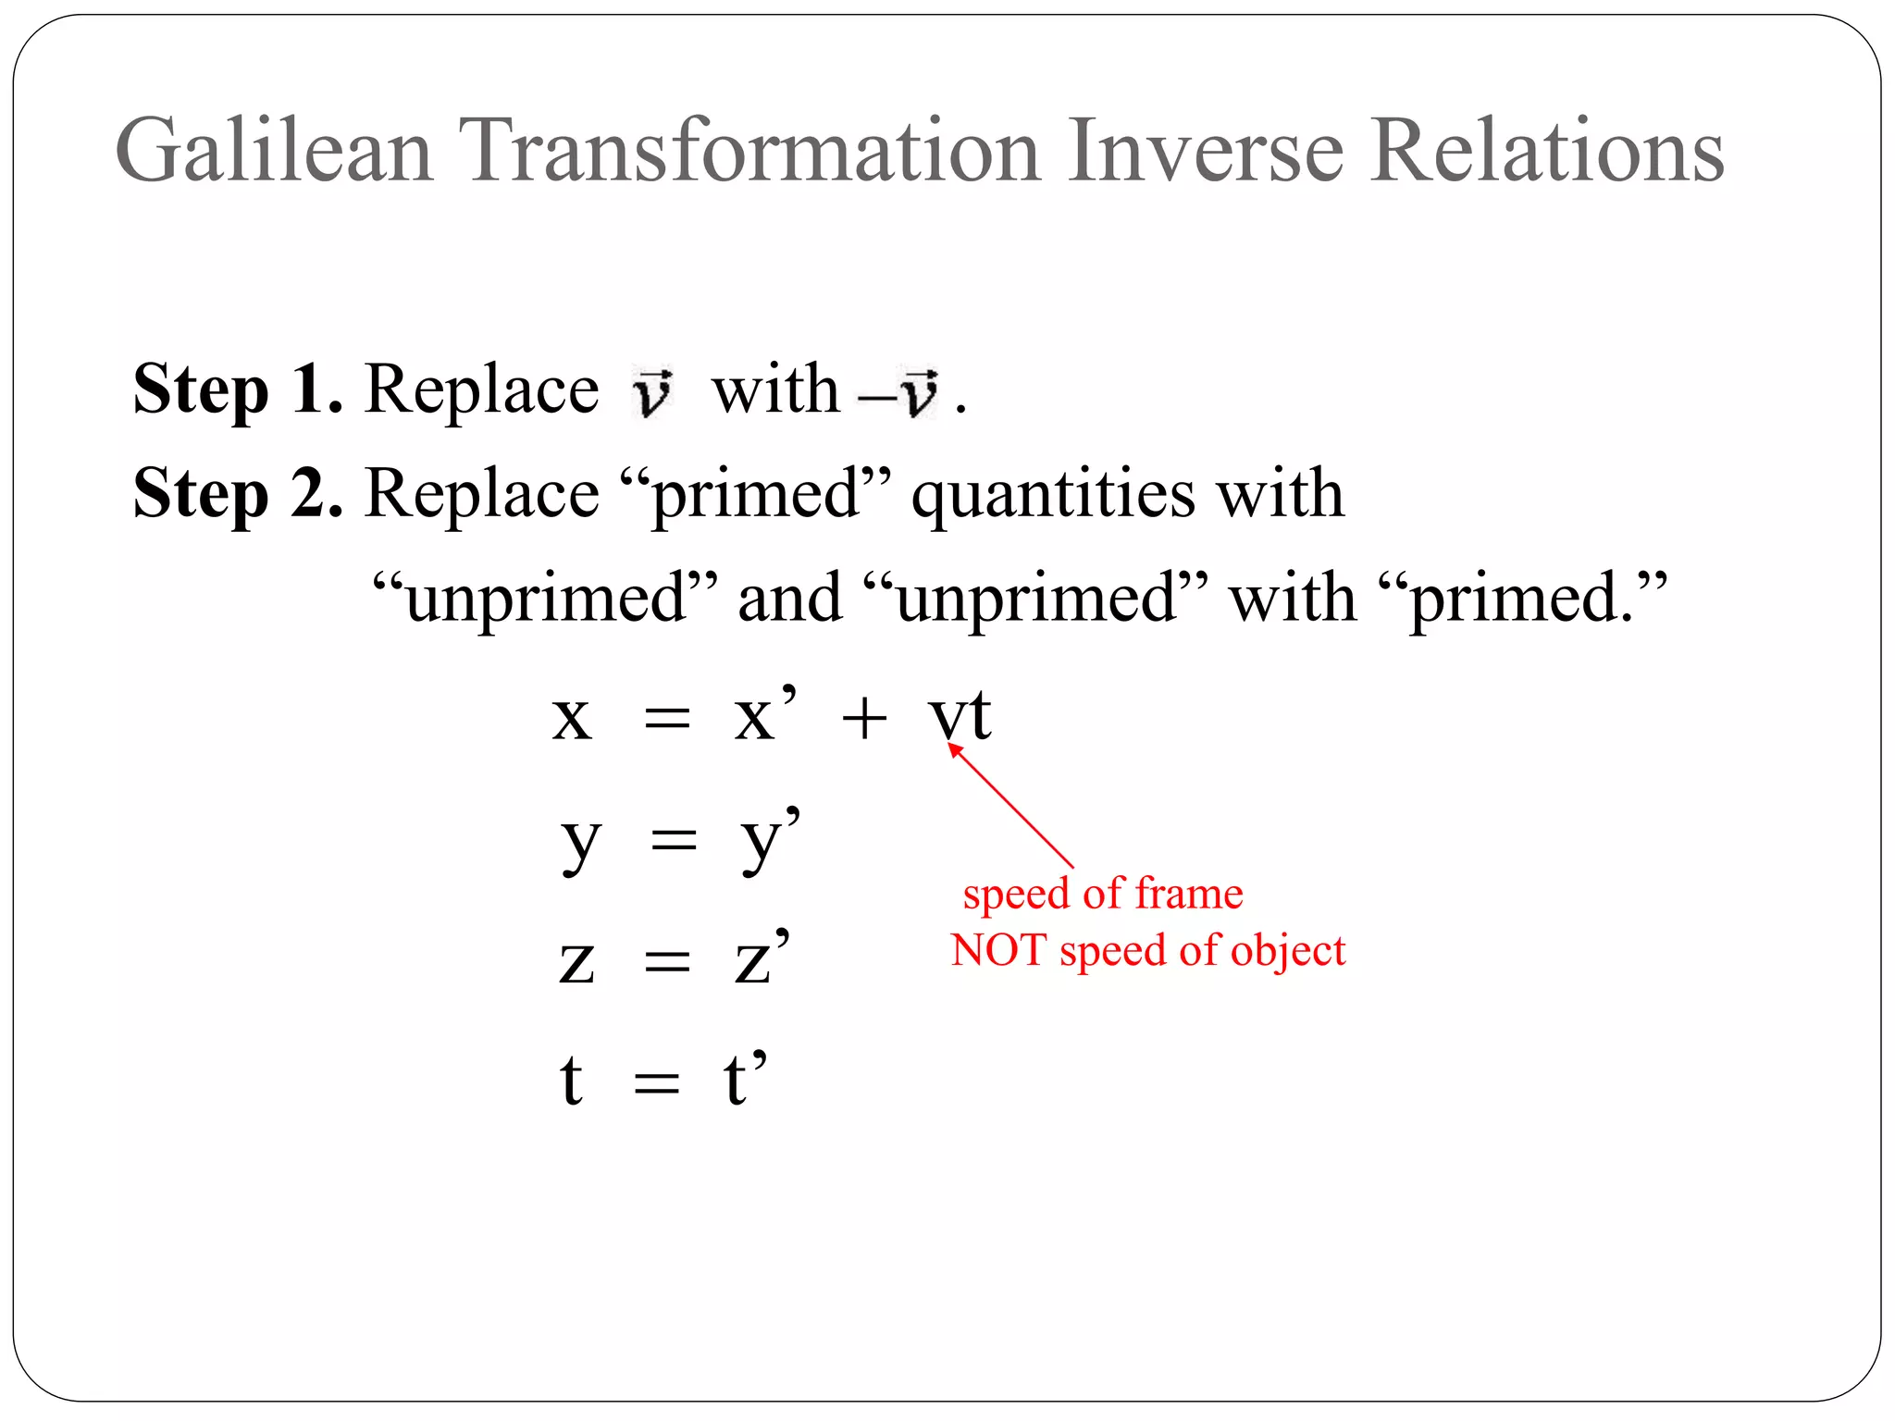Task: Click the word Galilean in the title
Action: tap(274, 151)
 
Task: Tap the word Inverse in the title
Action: tap(1205, 151)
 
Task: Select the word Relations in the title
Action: tap(1547, 151)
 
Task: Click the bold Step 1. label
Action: tap(238, 389)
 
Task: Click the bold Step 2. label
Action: tap(238, 493)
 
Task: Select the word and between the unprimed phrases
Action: tap(789, 599)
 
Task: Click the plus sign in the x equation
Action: tap(864, 718)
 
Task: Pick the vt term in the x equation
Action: tap(960, 715)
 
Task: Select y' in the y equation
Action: tap(769, 837)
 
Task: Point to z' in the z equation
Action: tap(762, 958)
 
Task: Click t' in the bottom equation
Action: tap(745, 1078)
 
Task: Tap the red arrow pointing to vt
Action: tap(1011, 807)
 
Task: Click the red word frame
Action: tap(1189, 894)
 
